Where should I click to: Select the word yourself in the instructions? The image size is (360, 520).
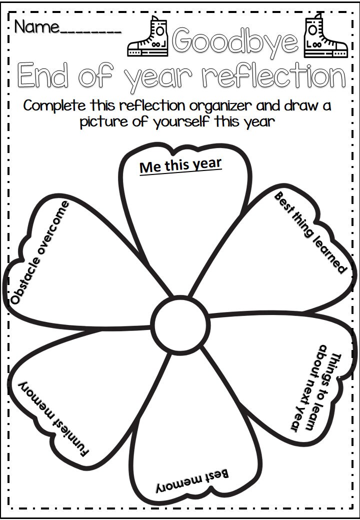point(178,121)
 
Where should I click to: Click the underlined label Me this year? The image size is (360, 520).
point(180,165)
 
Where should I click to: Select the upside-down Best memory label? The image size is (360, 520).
point(191,480)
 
